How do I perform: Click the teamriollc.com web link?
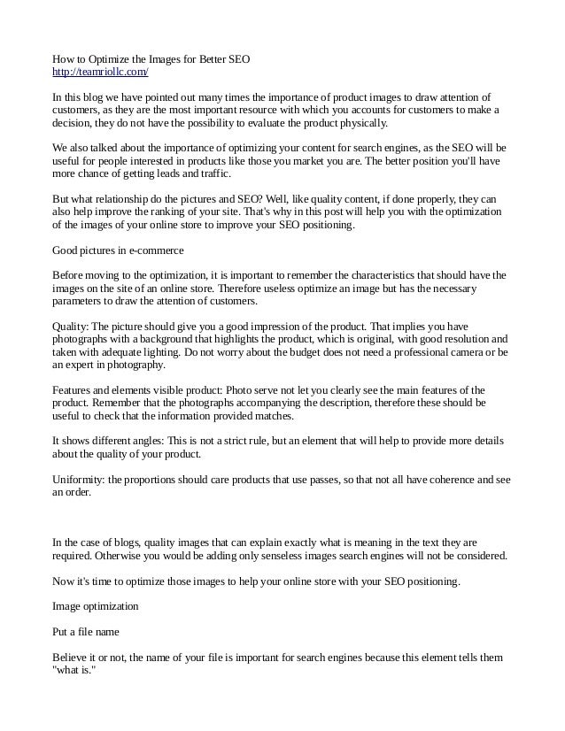pyautogui.click(x=100, y=72)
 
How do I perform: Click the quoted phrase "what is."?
pyautogui.click(x=79, y=671)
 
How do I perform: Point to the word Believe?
pyautogui.click(x=71, y=658)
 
